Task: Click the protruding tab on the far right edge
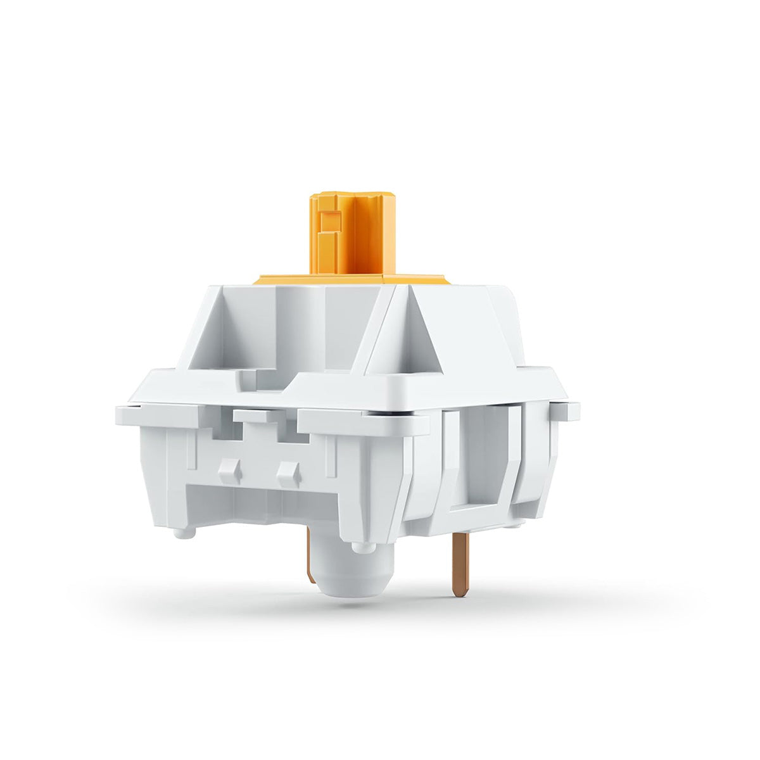pos(571,411)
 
